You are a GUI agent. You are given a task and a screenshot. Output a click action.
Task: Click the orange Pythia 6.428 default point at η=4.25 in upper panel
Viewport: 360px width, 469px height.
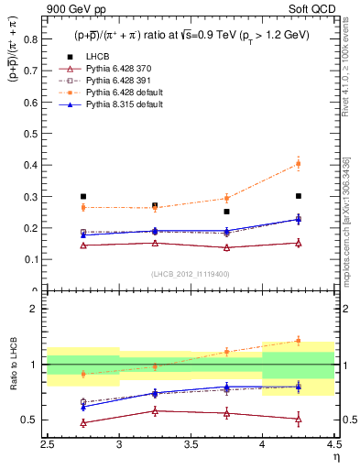(x=298, y=164)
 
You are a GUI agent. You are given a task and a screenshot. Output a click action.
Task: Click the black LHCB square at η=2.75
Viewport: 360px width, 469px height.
(x=83, y=196)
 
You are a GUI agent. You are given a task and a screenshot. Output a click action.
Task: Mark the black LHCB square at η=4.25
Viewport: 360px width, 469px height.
(x=298, y=195)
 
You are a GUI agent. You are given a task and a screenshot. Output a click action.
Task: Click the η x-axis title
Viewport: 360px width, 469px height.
(x=335, y=455)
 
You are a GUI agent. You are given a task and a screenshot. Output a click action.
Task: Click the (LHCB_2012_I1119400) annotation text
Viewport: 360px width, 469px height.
(x=191, y=274)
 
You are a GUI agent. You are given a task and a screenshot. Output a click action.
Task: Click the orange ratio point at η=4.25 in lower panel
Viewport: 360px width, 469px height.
(x=298, y=341)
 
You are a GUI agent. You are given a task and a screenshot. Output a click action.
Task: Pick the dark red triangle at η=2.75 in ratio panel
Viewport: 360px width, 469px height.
(x=83, y=422)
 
